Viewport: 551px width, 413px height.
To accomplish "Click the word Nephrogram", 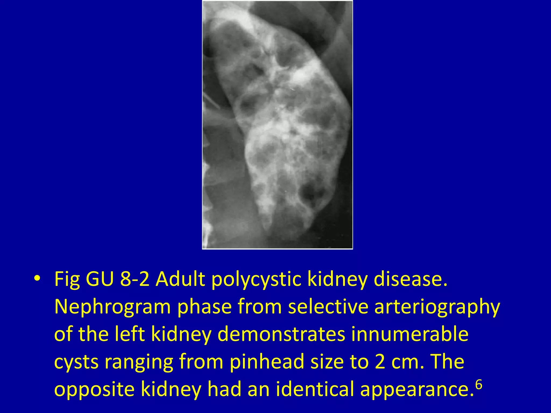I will pos(112,307).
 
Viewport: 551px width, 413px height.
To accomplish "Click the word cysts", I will pos(76,362).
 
